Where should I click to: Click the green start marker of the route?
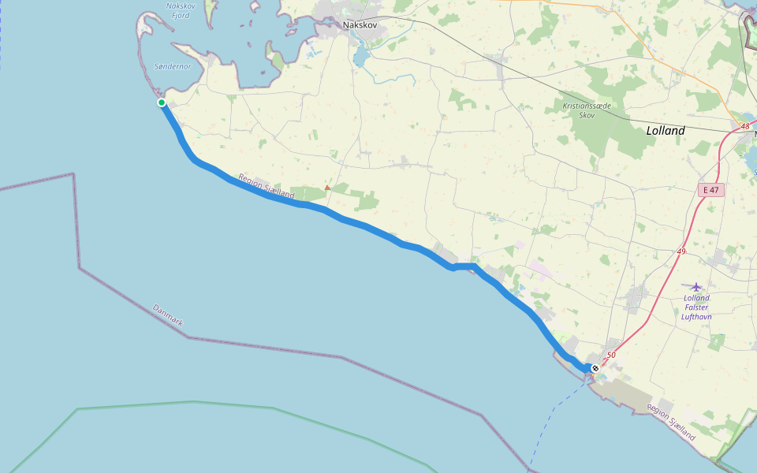click(162, 102)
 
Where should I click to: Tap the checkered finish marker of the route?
click(595, 368)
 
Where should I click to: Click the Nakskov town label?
click(360, 24)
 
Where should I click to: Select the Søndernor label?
click(173, 66)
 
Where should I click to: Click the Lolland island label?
click(666, 131)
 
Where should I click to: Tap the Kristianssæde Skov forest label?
click(587, 110)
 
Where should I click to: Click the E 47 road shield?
click(711, 190)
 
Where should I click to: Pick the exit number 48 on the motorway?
click(745, 126)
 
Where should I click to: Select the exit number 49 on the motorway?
click(681, 251)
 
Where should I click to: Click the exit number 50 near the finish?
click(611, 356)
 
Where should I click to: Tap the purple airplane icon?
click(695, 286)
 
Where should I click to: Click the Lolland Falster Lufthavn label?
click(696, 307)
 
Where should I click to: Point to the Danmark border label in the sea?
click(168, 316)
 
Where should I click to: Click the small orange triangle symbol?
click(327, 188)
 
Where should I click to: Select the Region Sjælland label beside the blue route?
click(266, 186)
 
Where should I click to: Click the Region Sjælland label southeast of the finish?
click(672, 422)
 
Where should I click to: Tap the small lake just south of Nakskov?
click(361, 55)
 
